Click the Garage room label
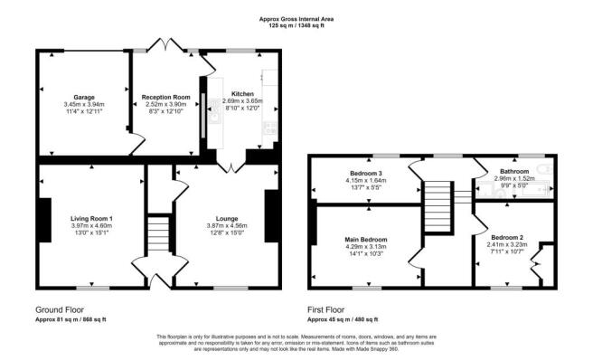pos(84,98)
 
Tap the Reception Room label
pos(165,98)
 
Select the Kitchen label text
pos(242,94)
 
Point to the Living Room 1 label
pos(91,218)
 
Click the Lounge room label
pos(227,218)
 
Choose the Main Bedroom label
pos(366,240)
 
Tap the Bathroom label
pos(514,172)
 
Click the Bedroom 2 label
pos(507,238)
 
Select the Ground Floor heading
pos(60,310)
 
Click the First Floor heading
pos(325,310)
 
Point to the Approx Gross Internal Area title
pos(296,19)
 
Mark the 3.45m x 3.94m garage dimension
pos(84,105)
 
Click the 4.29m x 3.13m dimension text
pos(366,247)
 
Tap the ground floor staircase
pos(158,233)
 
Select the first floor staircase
pos(438,207)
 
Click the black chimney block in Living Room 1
pos(45,220)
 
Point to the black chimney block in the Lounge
pos(271,216)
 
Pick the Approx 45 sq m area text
pos(343,319)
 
